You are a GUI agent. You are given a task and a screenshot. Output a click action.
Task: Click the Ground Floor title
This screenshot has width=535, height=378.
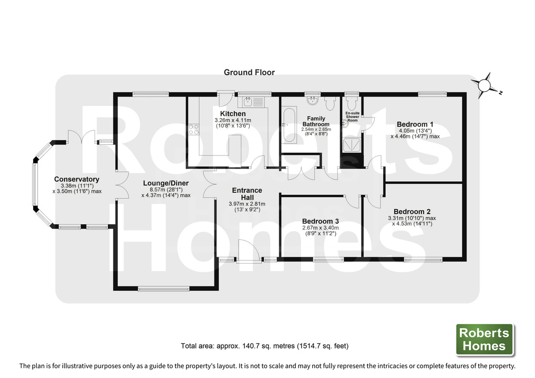[x=249, y=72]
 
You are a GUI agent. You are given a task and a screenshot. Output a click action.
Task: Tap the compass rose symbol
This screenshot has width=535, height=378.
[x=485, y=86]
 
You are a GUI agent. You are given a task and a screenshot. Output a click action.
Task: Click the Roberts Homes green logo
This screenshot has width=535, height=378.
[x=485, y=339]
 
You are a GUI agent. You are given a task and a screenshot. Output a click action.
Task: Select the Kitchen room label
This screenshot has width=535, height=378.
[x=233, y=113]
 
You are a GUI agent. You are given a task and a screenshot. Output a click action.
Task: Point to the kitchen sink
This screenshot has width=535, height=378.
[x=253, y=101]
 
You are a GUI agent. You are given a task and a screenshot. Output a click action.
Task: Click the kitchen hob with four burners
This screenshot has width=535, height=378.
[x=193, y=130]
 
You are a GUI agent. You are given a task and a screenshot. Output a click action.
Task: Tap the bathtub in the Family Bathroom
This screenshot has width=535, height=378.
[x=289, y=125]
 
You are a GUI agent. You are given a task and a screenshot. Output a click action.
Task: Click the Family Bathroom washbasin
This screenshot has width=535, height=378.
[x=312, y=101]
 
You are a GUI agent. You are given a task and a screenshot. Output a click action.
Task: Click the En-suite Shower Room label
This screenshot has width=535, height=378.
[x=353, y=117]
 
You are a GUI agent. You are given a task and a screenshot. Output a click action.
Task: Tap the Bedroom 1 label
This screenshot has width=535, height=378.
[x=415, y=124]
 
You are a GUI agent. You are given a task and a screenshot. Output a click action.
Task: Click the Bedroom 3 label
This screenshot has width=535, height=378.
[x=321, y=222]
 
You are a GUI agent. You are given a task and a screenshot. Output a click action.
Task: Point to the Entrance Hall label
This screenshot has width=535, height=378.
[x=247, y=194]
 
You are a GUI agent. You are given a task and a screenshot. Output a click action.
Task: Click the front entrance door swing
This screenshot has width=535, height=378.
[x=249, y=250]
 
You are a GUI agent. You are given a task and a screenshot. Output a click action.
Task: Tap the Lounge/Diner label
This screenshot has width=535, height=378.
[x=166, y=183]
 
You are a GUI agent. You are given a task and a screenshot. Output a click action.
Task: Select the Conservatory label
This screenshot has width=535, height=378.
[x=77, y=179]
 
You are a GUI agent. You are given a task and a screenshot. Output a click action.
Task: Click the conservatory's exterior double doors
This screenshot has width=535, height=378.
[x=81, y=136]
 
